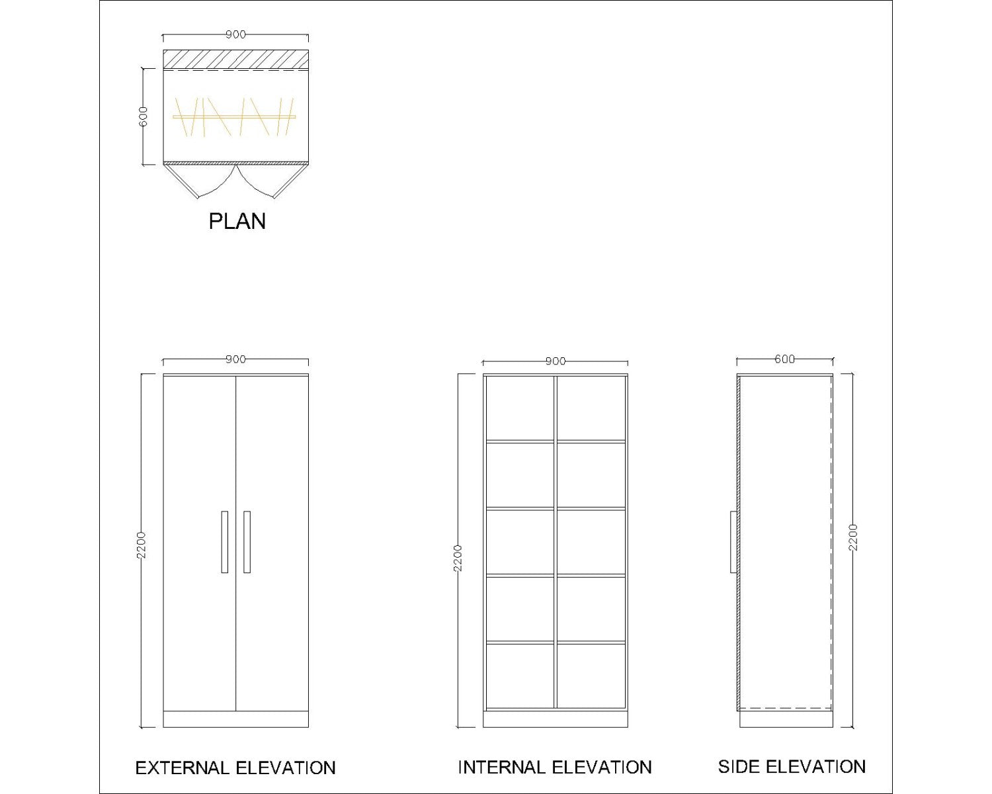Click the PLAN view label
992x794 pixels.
point(237,221)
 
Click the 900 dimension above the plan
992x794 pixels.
point(235,34)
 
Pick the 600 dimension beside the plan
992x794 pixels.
point(143,116)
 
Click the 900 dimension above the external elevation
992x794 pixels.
point(235,359)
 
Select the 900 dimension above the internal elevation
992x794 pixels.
point(556,361)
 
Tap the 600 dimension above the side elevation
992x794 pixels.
point(784,359)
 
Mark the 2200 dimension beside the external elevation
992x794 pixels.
point(141,545)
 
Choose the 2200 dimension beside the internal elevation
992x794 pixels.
point(457,558)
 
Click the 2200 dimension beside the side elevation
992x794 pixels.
point(852,537)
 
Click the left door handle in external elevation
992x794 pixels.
point(224,542)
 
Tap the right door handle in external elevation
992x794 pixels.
point(247,542)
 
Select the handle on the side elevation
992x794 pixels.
point(733,542)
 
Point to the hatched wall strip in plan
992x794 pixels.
point(235,59)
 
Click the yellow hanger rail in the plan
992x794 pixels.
point(234,116)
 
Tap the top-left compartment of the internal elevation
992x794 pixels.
point(520,408)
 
